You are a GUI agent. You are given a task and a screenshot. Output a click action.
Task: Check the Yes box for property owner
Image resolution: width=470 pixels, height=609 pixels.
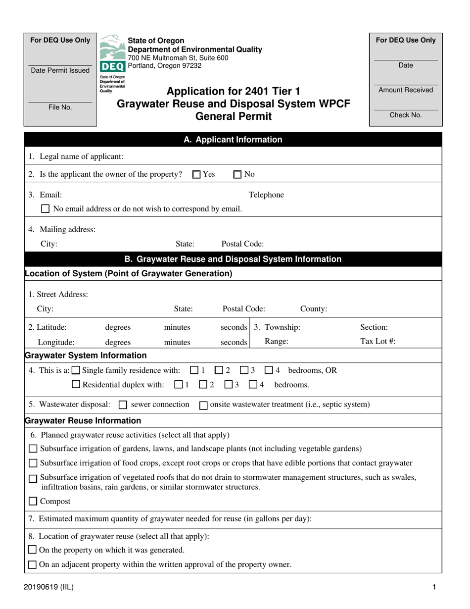pyautogui.click(x=196, y=174)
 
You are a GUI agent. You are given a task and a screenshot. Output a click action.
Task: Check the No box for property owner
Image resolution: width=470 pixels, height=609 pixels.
pyautogui.click(x=237, y=174)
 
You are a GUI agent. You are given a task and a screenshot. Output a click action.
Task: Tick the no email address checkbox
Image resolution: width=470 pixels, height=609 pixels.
pyautogui.click(x=46, y=209)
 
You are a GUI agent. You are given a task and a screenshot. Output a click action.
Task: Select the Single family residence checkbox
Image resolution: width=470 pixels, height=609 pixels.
pyautogui.click(x=76, y=370)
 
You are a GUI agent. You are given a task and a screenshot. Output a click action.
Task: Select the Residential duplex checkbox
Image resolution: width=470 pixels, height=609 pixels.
pyautogui.click(x=76, y=384)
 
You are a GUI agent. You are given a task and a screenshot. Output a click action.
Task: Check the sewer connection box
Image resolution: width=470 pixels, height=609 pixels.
pyautogui.click(x=123, y=405)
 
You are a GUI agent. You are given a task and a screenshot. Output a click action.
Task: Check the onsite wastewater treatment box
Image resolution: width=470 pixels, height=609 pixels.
pyautogui.click(x=203, y=405)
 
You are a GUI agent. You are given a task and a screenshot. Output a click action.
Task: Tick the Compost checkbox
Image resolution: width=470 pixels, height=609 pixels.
pyautogui.click(x=33, y=502)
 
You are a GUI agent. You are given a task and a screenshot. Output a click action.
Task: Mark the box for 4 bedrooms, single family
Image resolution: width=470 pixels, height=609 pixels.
pyautogui.click(x=269, y=370)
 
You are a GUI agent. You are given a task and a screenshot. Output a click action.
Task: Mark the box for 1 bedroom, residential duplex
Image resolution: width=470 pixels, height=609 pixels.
pyautogui.click(x=179, y=384)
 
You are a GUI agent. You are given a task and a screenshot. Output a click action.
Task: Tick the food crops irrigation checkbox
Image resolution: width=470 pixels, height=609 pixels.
pyautogui.click(x=33, y=463)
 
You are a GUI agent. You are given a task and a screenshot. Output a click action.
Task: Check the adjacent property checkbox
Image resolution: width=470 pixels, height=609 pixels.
pyautogui.click(x=33, y=564)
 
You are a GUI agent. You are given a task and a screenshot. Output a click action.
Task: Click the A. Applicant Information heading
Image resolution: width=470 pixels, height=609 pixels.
pyautogui.click(x=233, y=140)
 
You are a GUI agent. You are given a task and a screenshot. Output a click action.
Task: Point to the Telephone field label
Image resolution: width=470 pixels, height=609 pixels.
pyautogui.click(x=266, y=195)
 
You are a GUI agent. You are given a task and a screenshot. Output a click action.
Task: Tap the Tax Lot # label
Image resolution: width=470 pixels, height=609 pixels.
pyautogui.click(x=377, y=341)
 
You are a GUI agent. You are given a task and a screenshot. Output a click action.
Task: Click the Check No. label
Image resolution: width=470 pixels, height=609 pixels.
pyautogui.click(x=406, y=115)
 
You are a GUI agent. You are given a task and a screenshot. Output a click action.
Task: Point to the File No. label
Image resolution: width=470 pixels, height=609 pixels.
pyautogui.click(x=60, y=107)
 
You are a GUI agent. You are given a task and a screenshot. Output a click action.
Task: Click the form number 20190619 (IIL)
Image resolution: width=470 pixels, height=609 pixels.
pyautogui.click(x=48, y=587)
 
